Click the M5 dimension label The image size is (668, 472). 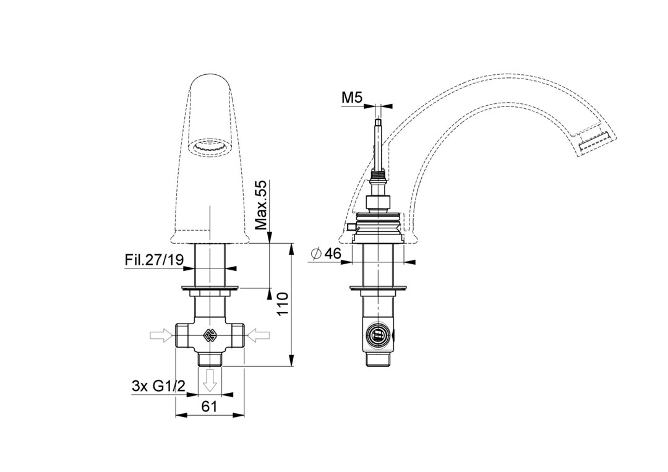click(x=352, y=98)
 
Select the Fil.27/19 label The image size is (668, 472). click(x=154, y=260)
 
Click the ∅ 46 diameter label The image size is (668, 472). click(x=327, y=254)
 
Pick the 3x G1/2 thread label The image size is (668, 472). click(x=158, y=386)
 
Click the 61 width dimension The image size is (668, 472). click(x=210, y=406)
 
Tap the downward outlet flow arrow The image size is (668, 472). click(x=210, y=381)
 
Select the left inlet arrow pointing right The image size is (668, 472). click(x=162, y=336)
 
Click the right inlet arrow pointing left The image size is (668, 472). click(x=258, y=336)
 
